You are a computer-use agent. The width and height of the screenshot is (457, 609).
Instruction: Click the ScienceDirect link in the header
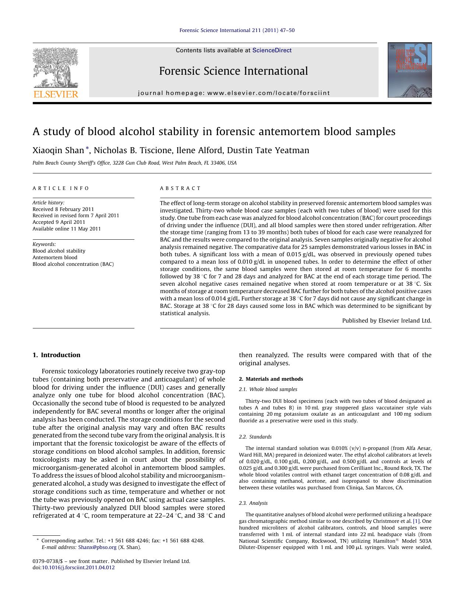click(x=272, y=50)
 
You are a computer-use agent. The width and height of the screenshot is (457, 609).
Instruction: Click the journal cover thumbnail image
click(x=409, y=70)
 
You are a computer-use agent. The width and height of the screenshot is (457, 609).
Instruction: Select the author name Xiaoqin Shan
click(x=58, y=151)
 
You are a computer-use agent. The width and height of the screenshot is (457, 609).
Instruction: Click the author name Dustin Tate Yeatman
click(x=268, y=151)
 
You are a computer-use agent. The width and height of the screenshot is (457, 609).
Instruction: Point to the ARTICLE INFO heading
click(x=61, y=188)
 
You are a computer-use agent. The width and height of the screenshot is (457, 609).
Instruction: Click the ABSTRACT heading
click(x=180, y=188)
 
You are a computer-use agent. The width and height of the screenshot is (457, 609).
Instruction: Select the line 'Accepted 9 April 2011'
click(x=59, y=222)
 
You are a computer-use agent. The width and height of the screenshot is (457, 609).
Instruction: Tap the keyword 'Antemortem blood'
click(x=55, y=257)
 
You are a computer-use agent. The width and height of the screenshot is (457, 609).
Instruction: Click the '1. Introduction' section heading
click(x=56, y=355)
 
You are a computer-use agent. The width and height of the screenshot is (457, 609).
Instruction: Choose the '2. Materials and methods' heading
click(x=271, y=379)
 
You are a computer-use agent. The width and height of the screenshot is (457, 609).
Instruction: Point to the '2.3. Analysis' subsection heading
click(x=253, y=503)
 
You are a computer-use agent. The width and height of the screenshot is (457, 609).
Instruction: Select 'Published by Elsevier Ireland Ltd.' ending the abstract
click(x=386, y=321)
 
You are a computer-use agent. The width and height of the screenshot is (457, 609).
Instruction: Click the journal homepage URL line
click(x=234, y=93)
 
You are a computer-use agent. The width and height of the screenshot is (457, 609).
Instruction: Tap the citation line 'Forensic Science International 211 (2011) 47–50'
click(x=237, y=30)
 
